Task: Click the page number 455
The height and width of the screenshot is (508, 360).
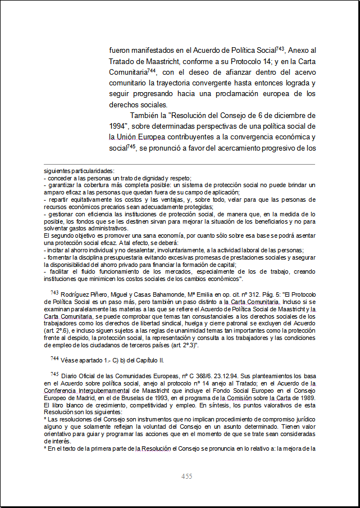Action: coord(187,477)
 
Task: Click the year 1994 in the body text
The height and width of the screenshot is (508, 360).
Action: coord(120,126)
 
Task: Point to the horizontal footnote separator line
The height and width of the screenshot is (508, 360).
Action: coord(180,165)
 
